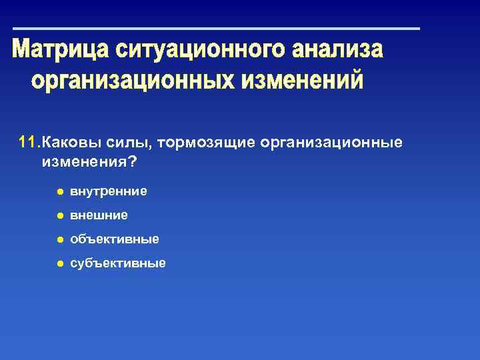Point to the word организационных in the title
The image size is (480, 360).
click(131, 81)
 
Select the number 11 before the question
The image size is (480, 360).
click(28, 143)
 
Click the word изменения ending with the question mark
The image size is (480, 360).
click(83, 161)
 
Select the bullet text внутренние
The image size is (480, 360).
click(109, 192)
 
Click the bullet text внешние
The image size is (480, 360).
click(99, 216)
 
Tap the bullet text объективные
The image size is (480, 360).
click(115, 239)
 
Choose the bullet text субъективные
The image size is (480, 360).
click(118, 263)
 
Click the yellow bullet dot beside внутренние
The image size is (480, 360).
click(59, 192)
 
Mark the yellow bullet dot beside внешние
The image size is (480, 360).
click(59, 216)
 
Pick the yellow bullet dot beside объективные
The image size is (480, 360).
click(59, 239)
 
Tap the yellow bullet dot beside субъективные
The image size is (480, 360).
click(59, 263)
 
